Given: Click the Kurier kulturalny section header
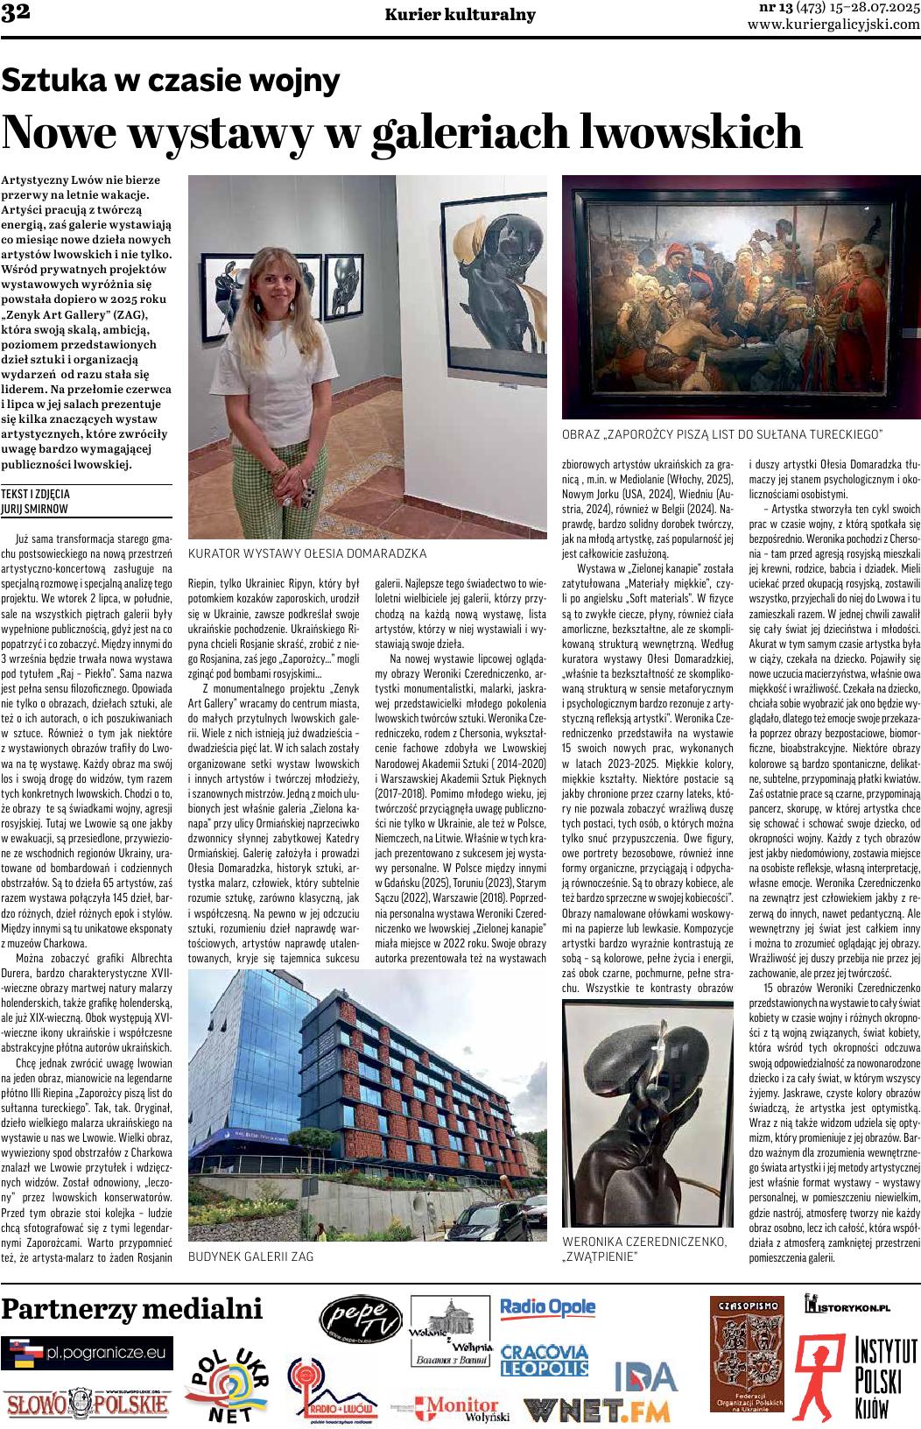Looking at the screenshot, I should [460, 15].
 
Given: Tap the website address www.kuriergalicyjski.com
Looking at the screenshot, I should [833, 25].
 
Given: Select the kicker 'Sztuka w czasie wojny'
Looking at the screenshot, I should [170, 81].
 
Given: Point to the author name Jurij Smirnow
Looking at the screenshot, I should [35, 508].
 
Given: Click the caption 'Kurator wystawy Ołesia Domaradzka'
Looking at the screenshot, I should [307, 553].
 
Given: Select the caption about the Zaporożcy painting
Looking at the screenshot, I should [721, 434].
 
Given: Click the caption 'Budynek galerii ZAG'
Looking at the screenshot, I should [251, 1256].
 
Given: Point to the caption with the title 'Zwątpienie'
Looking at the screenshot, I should [644, 1249].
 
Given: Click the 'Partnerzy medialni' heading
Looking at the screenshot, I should [132, 1309].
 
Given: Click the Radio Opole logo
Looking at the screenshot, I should [547, 1308].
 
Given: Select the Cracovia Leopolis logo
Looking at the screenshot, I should [544, 1360].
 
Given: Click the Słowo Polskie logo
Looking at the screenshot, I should [87, 1404].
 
